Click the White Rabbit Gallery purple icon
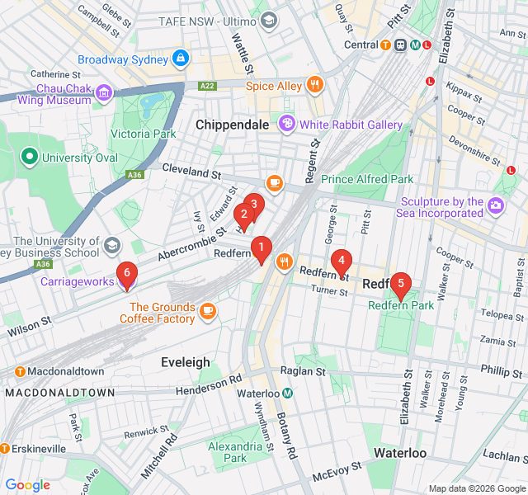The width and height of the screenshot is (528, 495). point(286,125)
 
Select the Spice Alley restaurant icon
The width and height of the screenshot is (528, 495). point(313,85)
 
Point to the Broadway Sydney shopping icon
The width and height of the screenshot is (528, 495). point(181,59)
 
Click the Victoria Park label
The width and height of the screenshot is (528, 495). point(144,134)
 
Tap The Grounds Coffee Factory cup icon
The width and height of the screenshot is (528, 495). point(206,310)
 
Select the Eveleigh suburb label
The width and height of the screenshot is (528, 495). point(185,362)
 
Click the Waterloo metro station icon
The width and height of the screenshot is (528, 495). point(287,394)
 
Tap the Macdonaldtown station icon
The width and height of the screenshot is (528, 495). point(20,372)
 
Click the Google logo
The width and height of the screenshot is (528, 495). point(27,485)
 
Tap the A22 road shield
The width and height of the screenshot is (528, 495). point(207,85)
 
